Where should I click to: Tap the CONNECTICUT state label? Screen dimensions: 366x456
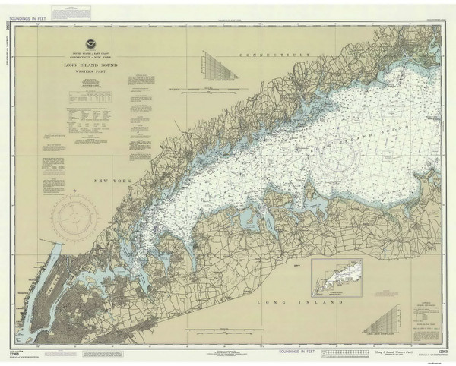coord(275,56)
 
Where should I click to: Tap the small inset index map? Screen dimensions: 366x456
coord(336,278)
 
